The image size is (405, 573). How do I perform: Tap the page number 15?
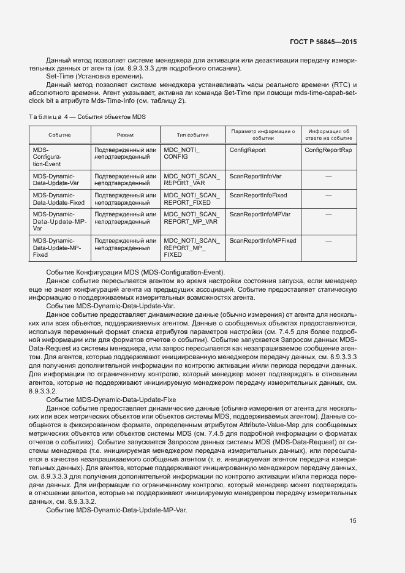(x=353, y=521)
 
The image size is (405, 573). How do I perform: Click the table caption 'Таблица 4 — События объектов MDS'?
(x=88, y=116)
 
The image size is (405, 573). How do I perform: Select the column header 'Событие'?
(x=60, y=135)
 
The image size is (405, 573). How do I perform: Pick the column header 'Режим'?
(x=126, y=135)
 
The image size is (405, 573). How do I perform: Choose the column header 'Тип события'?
(x=192, y=135)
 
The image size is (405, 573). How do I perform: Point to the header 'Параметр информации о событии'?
(x=262, y=135)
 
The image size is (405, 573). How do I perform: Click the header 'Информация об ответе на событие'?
(x=328, y=135)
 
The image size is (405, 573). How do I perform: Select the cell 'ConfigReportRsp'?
(x=328, y=150)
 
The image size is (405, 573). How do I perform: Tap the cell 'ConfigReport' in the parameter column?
(x=248, y=150)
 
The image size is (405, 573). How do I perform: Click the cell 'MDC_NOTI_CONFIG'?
(x=182, y=154)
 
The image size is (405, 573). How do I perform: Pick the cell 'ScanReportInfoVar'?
(x=255, y=176)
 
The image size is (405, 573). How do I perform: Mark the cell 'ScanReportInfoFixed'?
(x=258, y=195)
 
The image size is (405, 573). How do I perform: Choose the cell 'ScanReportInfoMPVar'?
(x=260, y=214)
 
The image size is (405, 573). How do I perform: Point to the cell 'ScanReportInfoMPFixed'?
(x=262, y=240)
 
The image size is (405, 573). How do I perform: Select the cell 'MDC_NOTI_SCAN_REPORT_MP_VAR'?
(x=191, y=218)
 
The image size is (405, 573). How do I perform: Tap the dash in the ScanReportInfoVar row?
(x=328, y=176)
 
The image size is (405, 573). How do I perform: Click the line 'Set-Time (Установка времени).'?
(x=91, y=76)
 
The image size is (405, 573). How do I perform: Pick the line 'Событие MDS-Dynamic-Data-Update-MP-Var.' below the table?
(x=117, y=511)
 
